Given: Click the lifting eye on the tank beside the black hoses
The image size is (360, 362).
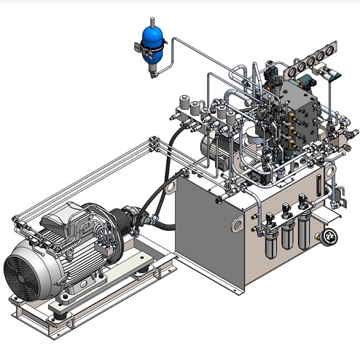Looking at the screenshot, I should tap(171, 185).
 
